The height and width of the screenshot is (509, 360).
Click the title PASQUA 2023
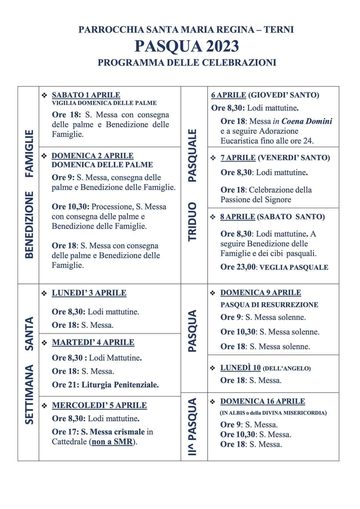tap(187, 46)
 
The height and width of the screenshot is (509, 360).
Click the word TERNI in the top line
tap(279, 30)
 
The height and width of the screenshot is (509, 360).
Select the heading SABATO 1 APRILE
tap(86, 95)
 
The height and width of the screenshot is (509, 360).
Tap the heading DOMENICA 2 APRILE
tap(92, 156)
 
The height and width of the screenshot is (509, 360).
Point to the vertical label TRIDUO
tap(193, 221)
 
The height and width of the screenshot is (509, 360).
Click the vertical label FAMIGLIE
tap(29, 153)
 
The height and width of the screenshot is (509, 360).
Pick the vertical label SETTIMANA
tap(29, 394)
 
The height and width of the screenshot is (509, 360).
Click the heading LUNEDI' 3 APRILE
tap(89, 293)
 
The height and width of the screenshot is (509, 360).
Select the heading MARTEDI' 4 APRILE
tap(93, 342)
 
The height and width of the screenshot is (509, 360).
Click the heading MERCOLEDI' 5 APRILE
tap(99, 405)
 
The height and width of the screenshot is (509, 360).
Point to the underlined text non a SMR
tap(112, 442)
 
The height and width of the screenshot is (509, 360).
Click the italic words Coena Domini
tap(307, 121)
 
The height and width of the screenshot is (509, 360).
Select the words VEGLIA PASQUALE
tap(294, 268)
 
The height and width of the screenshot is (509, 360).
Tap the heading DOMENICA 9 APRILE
tap(261, 293)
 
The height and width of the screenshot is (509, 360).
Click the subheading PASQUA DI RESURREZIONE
tap(269, 305)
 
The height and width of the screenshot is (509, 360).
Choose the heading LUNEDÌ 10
tap(240, 368)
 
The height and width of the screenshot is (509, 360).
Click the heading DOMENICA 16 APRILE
tap(263, 401)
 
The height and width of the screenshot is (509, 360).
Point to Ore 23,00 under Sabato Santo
tap(238, 267)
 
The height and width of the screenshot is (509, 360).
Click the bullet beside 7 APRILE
tap(213, 158)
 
